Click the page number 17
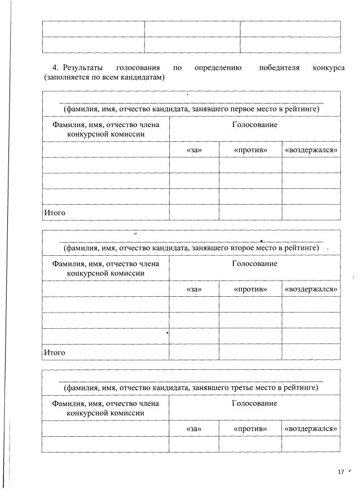coord(340,472)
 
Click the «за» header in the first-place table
coord(193,150)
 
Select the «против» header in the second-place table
coord(250,289)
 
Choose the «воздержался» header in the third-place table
coord(311,429)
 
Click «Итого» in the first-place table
coord(55,212)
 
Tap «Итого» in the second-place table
coord(55,352)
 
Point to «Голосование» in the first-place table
coord(254,124)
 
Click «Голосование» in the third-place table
coord(254,404)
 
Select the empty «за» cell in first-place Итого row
coord(193,212)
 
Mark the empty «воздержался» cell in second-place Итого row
coord(311,352)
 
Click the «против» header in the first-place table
coord(250,150)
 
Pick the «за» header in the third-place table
coord(193,429)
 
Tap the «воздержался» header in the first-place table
coord(311,150)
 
